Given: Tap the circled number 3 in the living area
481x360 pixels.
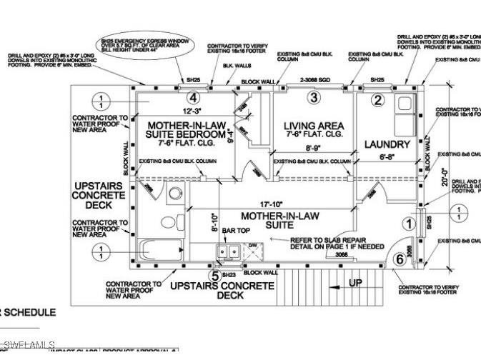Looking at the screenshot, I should pos(312,97).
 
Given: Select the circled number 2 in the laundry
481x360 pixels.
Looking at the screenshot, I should pos(379,101).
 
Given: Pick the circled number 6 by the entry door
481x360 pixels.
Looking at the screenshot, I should pos(399,259).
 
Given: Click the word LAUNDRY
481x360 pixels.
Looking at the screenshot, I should pos(387,144).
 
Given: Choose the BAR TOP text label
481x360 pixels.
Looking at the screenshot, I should pos(236,231).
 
